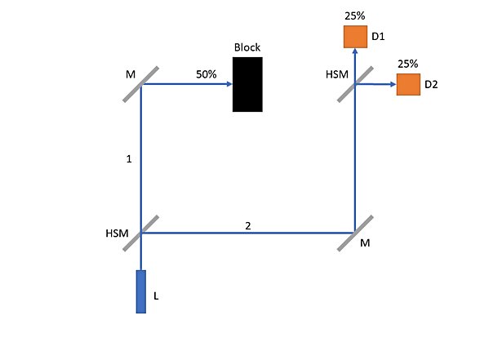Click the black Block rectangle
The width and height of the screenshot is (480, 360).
tap(247, 85)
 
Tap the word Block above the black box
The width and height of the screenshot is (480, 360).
tap(247, 47)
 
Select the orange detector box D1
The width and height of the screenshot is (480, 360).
tap(355, 37)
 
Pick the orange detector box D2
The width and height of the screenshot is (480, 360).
tap(408, 85)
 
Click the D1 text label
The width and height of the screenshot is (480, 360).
tap(378, 37)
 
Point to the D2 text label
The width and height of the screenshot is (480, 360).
tap(431, 85)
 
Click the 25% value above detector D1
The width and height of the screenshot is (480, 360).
tap(355, 16)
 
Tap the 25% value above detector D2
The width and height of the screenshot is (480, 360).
tap(408, 64)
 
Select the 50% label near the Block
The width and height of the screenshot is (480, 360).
tap(207, 74)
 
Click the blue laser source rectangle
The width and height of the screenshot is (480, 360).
tap(140, 291)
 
